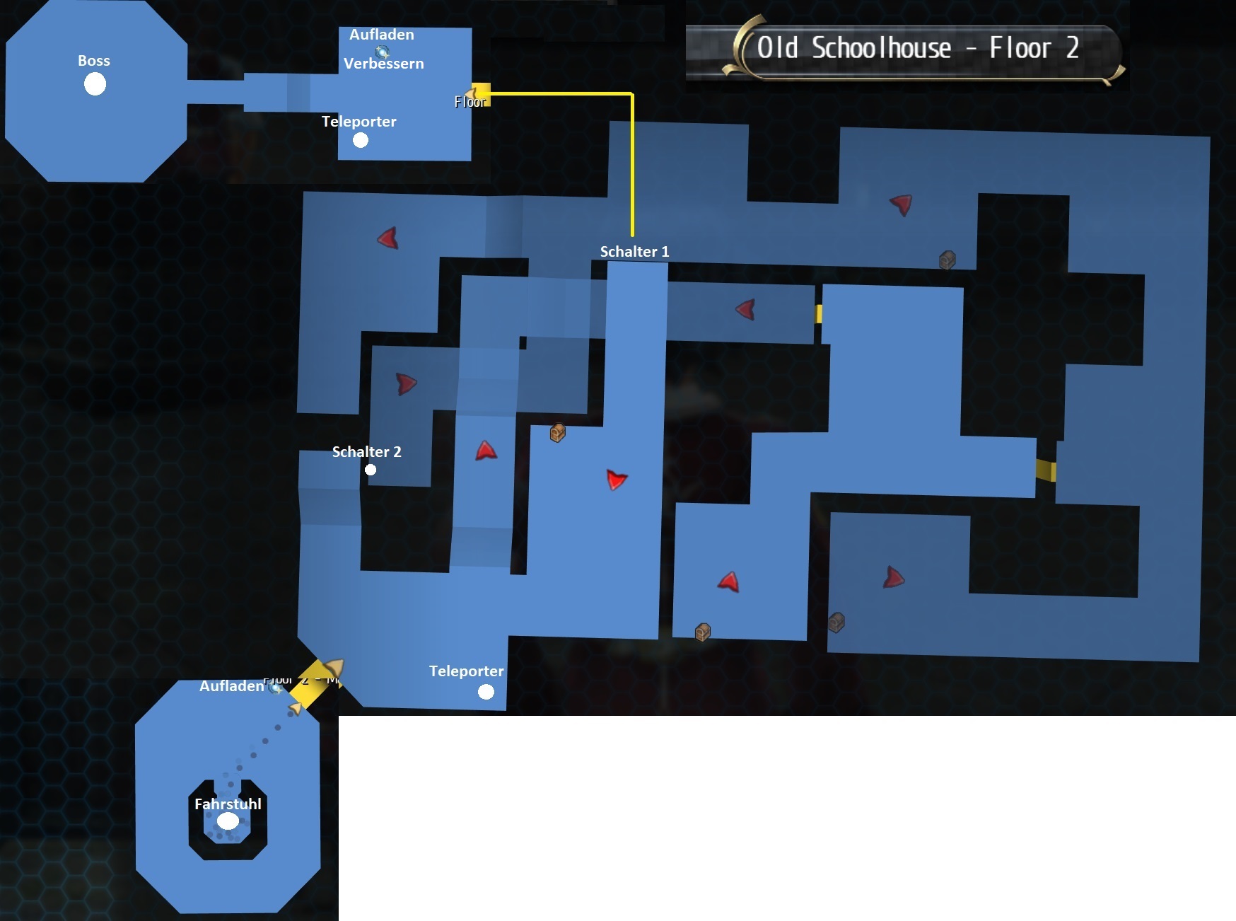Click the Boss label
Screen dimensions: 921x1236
(x=94, y=61)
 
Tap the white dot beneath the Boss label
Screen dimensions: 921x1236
(x=95, y=84)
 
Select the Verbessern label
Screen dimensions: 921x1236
(x=383, y=64)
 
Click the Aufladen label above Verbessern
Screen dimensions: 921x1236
(x=381, y=35)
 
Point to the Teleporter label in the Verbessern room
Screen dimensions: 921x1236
(x=358, y=122)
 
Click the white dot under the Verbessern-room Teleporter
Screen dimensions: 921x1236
(x=361, y=140)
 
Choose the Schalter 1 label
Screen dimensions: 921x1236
(x=634, y=252)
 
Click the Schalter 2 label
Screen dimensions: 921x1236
(x=366, y=452)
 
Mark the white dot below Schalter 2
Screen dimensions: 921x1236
(x=371, y=470)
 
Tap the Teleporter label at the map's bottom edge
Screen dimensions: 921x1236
(x=466, y=671)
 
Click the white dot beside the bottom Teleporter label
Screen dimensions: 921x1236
(x=486, y=692)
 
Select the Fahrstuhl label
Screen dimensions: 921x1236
(x=228, y=804)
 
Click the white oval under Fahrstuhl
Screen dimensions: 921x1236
(x=228, y=821)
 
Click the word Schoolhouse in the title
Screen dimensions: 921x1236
(x=881, y=48)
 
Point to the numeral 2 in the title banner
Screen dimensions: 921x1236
(x=1072, y=48)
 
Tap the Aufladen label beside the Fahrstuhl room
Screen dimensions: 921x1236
(x=231, y=686)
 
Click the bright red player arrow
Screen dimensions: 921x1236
(x=617, y=480)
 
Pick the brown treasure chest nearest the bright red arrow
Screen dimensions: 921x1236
(x=557, y=433)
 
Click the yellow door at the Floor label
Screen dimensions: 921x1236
(x=481, y=93)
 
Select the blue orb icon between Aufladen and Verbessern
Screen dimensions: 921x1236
(x=383, y=51)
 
